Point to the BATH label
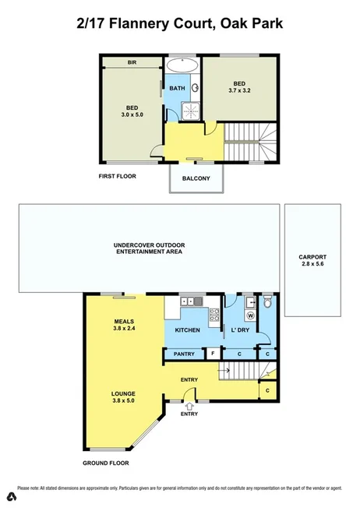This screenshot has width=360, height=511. (178, 88)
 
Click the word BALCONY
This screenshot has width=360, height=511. (196, 178)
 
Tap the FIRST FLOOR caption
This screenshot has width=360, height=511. (117, 176)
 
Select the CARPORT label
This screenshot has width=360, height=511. (312, 257)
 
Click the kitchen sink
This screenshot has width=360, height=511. (189, 301)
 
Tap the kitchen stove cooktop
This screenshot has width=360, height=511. (214, 315)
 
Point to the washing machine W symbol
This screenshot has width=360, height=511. (250, 315)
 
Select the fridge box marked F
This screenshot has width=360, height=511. (213, 354)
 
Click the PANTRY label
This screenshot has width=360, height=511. (184, 354)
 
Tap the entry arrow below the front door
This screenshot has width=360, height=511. (189, 406)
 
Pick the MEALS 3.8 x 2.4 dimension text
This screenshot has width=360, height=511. (125, 327)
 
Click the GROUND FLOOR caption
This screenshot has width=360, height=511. (106, 463)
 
